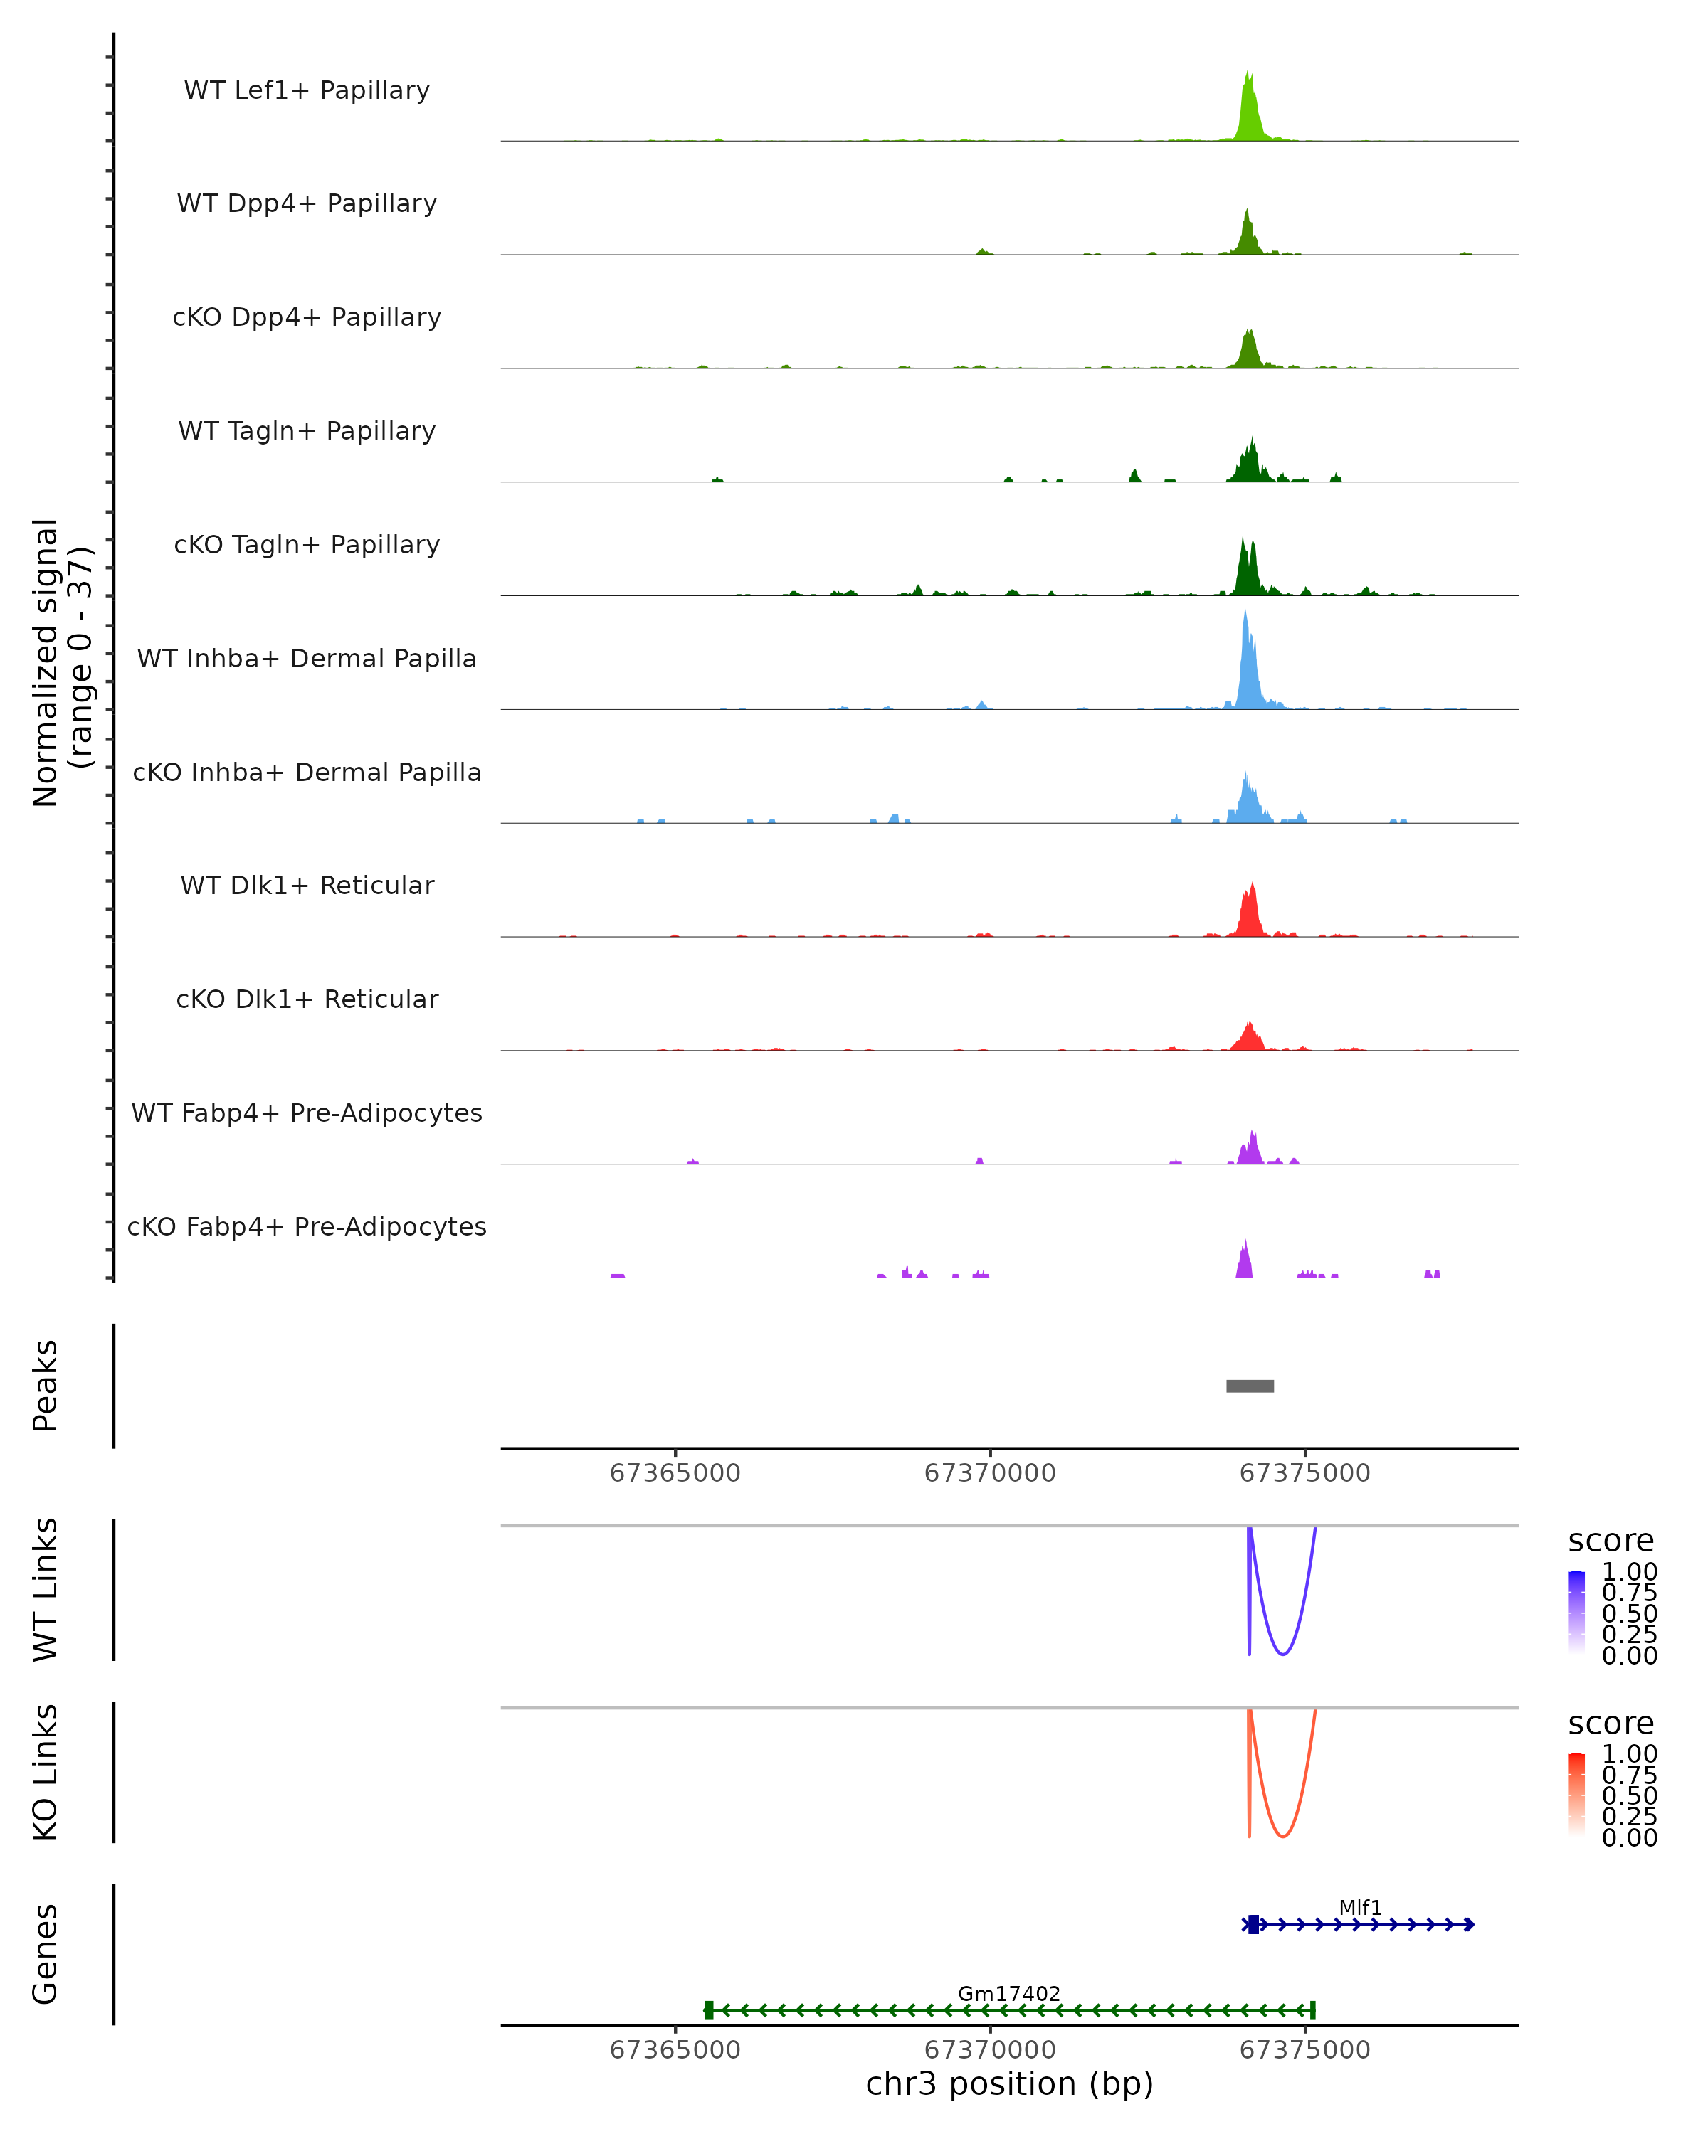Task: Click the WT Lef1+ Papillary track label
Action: (x=307, y=90)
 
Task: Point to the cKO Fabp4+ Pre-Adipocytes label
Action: (x=307, y=1226)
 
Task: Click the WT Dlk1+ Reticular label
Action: (x=307, y=885)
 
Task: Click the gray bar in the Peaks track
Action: (x=1250, y=1386)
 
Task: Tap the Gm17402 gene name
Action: (x=1009, y=1993)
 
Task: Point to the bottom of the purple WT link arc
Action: (x=1282, y=1654)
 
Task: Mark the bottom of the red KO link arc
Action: (x=1282, y=1836)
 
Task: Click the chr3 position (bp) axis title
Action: (x=1009, y=2083)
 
